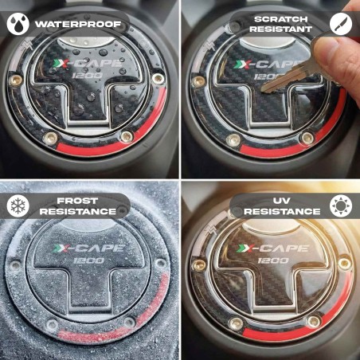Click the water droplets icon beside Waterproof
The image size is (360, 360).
coord(18,24)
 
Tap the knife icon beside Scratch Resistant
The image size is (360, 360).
coord(341,24)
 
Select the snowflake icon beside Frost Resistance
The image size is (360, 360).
coord(18,205)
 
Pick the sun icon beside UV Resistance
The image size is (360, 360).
coord(341,205)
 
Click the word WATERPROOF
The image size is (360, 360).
coord(78,25)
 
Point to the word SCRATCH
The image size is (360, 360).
coord(281,19)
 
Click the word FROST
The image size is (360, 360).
coord(77,201)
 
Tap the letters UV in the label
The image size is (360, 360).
coord(282,201)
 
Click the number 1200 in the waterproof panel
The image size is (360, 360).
coord(88,76)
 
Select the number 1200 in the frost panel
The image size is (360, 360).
coord(88,260)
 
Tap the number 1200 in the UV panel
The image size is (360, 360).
coord(273,260)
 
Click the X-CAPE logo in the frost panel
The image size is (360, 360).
coord(88,248)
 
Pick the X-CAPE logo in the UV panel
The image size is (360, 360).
coord(272,248)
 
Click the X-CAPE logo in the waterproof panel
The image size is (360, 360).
coord(87,64)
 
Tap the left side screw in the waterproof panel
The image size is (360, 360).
coord(15,80)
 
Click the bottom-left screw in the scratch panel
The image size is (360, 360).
coord(233,139)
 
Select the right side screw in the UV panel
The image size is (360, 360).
coord(344,263)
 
